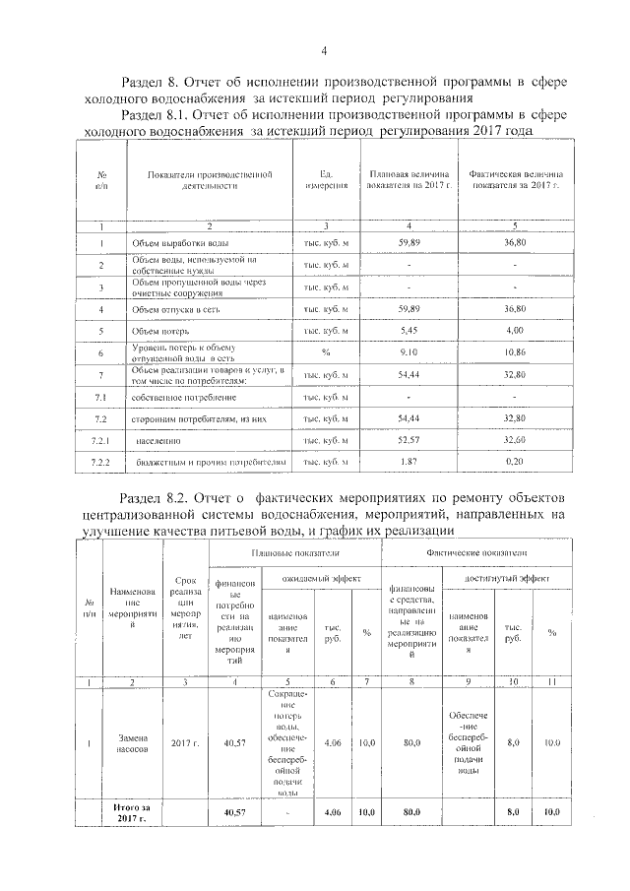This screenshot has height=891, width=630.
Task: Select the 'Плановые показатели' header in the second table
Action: pyautogui.click(x=293, y=554)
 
